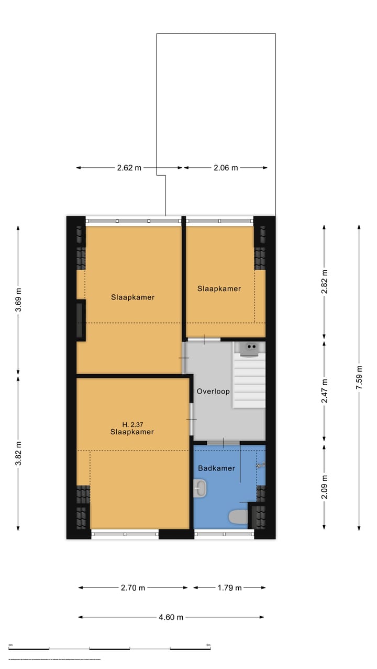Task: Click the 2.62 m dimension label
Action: tap(129, 168)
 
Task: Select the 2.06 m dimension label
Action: tap(226, 168)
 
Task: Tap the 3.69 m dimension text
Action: tap(19, 300)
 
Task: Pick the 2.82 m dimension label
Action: tap(324, 282)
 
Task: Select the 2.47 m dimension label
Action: tap(324, 391)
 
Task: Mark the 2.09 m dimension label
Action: tap(324, 487)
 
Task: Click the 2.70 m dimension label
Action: tap(132, 587)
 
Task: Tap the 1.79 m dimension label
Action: tap(229, 587)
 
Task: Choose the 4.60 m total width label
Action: tap(171, 617)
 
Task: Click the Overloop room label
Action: tap(213, 391)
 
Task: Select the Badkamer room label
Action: tap(216, 468)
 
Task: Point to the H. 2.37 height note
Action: tap(132, 424)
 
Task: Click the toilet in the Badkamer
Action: tap(238, 517)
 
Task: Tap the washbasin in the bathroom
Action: tap(201, 489)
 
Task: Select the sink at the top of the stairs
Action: tap(250, 347)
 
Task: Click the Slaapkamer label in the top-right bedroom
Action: tap(219, 289)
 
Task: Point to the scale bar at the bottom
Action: tap(110, 648)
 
